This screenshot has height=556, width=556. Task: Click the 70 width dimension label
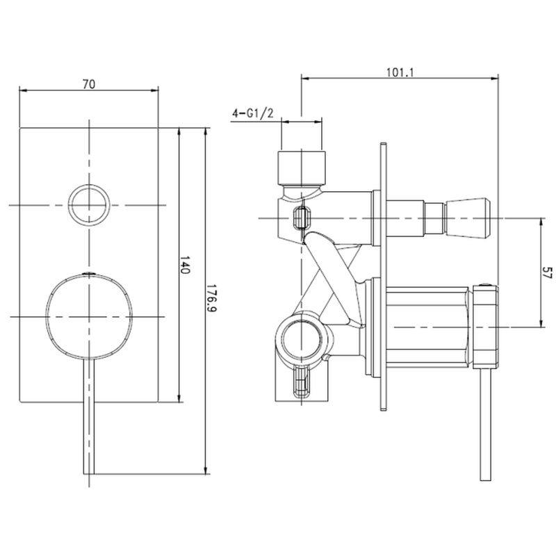(x=89, y=84)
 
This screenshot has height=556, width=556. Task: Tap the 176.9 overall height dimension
(x=212, y=298)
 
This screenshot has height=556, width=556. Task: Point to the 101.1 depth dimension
(x=400, y=72)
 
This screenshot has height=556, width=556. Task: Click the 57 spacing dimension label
(x=548, y=272)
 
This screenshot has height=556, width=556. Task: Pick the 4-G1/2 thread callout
(x=253, y=113)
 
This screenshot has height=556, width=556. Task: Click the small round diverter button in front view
(x=89, y=205)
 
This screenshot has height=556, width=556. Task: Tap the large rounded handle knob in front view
(x=89, y=316)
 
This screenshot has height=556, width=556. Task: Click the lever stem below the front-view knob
(x=89, y=416)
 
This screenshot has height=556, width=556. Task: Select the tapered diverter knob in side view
(x=468, y=218)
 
